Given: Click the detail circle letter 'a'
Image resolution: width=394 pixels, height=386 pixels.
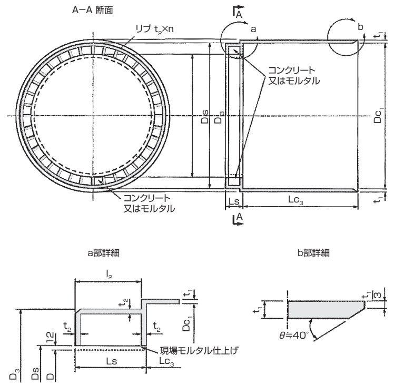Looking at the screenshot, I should point(253,30).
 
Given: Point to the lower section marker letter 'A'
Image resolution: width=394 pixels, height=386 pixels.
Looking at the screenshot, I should point(239,216).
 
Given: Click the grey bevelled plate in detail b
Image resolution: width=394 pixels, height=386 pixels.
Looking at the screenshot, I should point(324,310).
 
